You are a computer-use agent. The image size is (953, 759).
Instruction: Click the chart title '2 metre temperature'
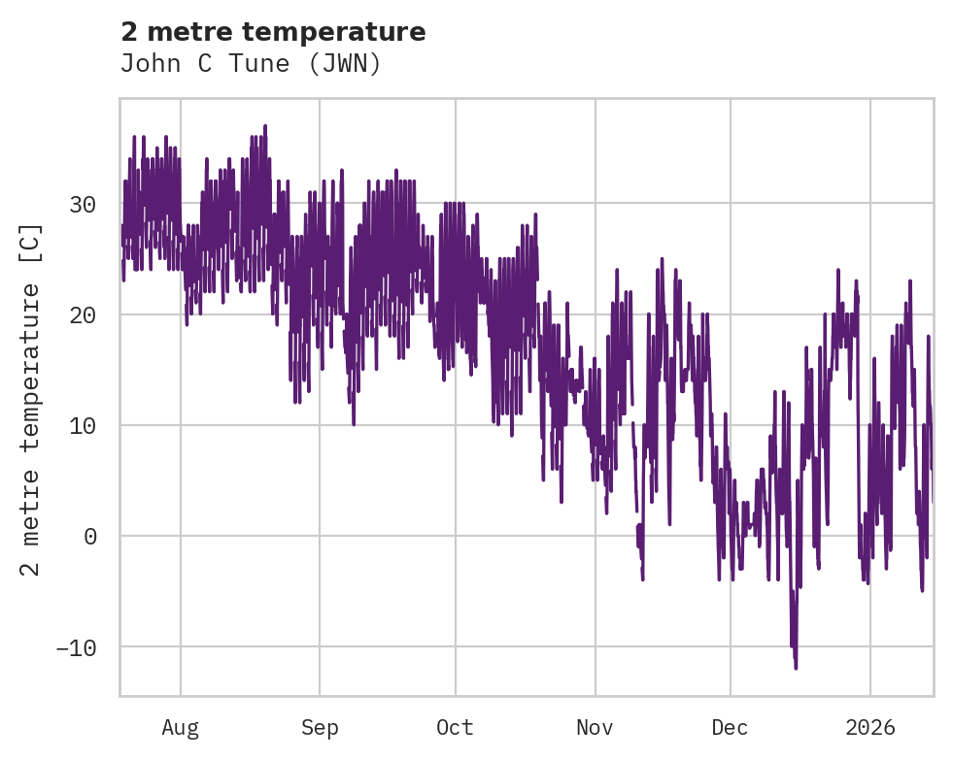tap(273, 32)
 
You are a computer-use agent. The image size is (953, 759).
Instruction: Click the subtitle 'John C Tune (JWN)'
tap(251, 64)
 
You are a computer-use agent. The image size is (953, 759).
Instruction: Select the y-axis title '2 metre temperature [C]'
tap(32, 399)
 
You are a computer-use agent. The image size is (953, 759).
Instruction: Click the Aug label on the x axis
tap(180, 727)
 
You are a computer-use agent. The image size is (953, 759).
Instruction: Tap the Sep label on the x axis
tap(319, 727)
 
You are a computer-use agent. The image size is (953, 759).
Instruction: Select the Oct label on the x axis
tap(455, 727)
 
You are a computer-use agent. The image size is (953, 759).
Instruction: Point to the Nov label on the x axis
tap(595, 727)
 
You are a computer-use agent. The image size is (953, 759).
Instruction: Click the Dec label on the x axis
tap(730, 727)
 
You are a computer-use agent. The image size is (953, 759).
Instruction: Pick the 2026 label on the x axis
tap(870, 727)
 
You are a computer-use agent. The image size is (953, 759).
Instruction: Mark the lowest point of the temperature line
tap(796, 669)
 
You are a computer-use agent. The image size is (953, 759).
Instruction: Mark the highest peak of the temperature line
tap(264, 125)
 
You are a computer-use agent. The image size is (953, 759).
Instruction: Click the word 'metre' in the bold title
tap(184, 32)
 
